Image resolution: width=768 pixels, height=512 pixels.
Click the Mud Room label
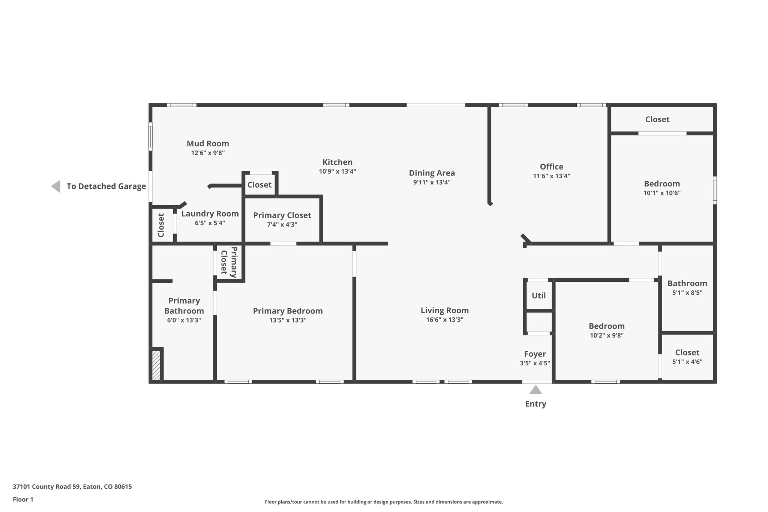click(208, 144)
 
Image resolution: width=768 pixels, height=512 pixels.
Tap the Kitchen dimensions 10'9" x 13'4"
click(337, 171)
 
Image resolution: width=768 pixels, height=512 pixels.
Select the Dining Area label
click(432, 173)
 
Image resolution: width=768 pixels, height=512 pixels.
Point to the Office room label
click(552, 167)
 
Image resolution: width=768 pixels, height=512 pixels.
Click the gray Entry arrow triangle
click(535, 390)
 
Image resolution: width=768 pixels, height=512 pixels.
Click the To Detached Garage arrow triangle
click(56, 186)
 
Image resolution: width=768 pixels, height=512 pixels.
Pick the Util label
click(539, 296)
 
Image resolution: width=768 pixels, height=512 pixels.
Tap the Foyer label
click(535, 354)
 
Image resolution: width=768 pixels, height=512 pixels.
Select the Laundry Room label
click(210, 214)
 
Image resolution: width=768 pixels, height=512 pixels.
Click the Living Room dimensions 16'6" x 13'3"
click(445, 320)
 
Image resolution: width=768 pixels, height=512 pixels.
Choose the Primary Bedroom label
click(288, 311)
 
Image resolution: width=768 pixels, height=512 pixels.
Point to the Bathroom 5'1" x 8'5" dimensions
click(687, 293)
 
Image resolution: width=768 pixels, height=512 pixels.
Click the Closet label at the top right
click(657, 119)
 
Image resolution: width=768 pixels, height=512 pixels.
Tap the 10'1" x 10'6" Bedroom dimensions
click(662, 193)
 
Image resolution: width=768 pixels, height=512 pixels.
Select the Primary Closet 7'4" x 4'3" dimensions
click(282, 225)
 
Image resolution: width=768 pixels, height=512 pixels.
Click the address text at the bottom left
click(72, 487)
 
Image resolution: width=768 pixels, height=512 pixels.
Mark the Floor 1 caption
click(23, 499)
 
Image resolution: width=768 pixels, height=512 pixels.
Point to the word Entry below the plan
click(535, 404)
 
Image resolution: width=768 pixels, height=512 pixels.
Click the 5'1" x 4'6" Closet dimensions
click(687, 362)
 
